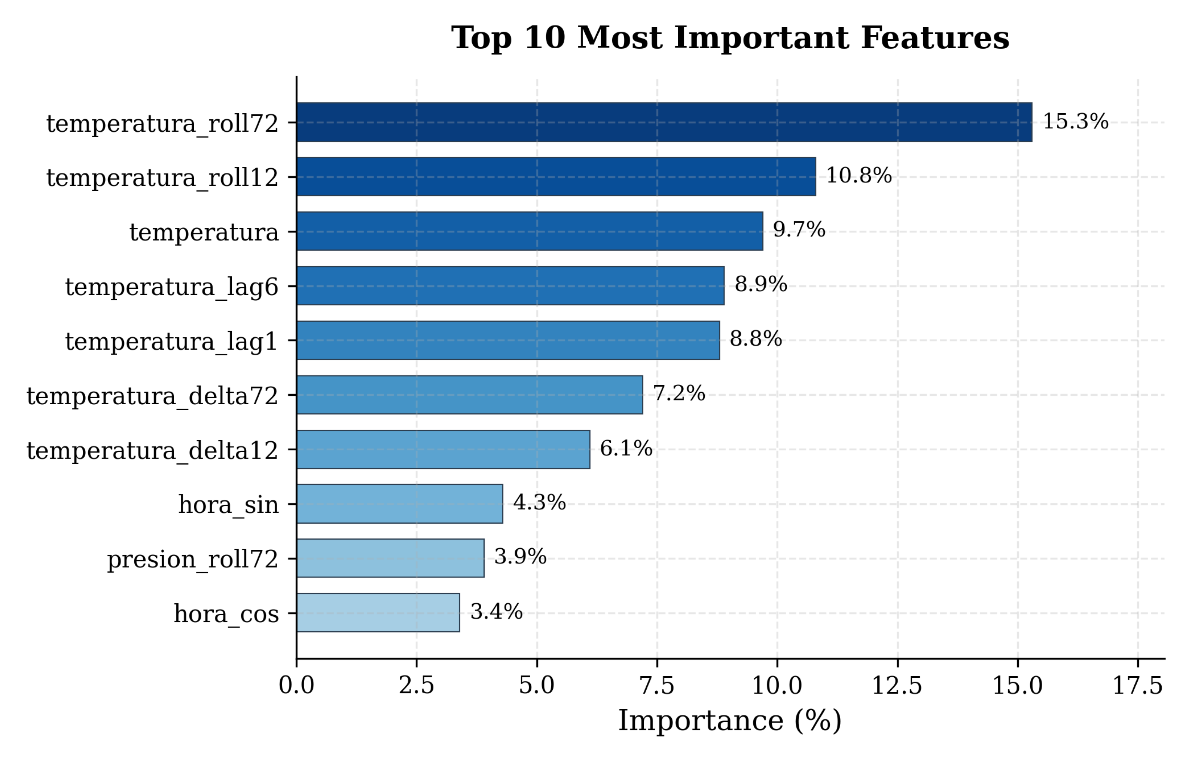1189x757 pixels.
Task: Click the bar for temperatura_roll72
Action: pyautogui.click(x=664, y=122)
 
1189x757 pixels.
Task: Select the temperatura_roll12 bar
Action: pyautogui.click(x=556, y=177)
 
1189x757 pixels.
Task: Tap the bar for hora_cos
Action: pyautogui.click(x=378, y=613)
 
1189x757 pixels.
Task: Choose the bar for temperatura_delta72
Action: pyautogui.click(x=470, y=395)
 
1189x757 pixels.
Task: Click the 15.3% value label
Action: pyautogui.click(x=1076, y=122)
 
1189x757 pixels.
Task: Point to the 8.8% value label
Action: pyautogui.click(x=756, y=339)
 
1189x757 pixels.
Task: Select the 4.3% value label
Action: pyautogui.click(x=539, y=503)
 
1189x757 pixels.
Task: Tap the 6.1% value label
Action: pyautogui.click(x=626, y=448)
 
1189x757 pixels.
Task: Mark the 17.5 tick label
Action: pyautogui.click(x=1138, y=686)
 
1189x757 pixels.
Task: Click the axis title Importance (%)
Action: pyautogui.click(x=730, y=721)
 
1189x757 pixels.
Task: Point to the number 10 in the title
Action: pyautogui.click(x=545, y=38)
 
